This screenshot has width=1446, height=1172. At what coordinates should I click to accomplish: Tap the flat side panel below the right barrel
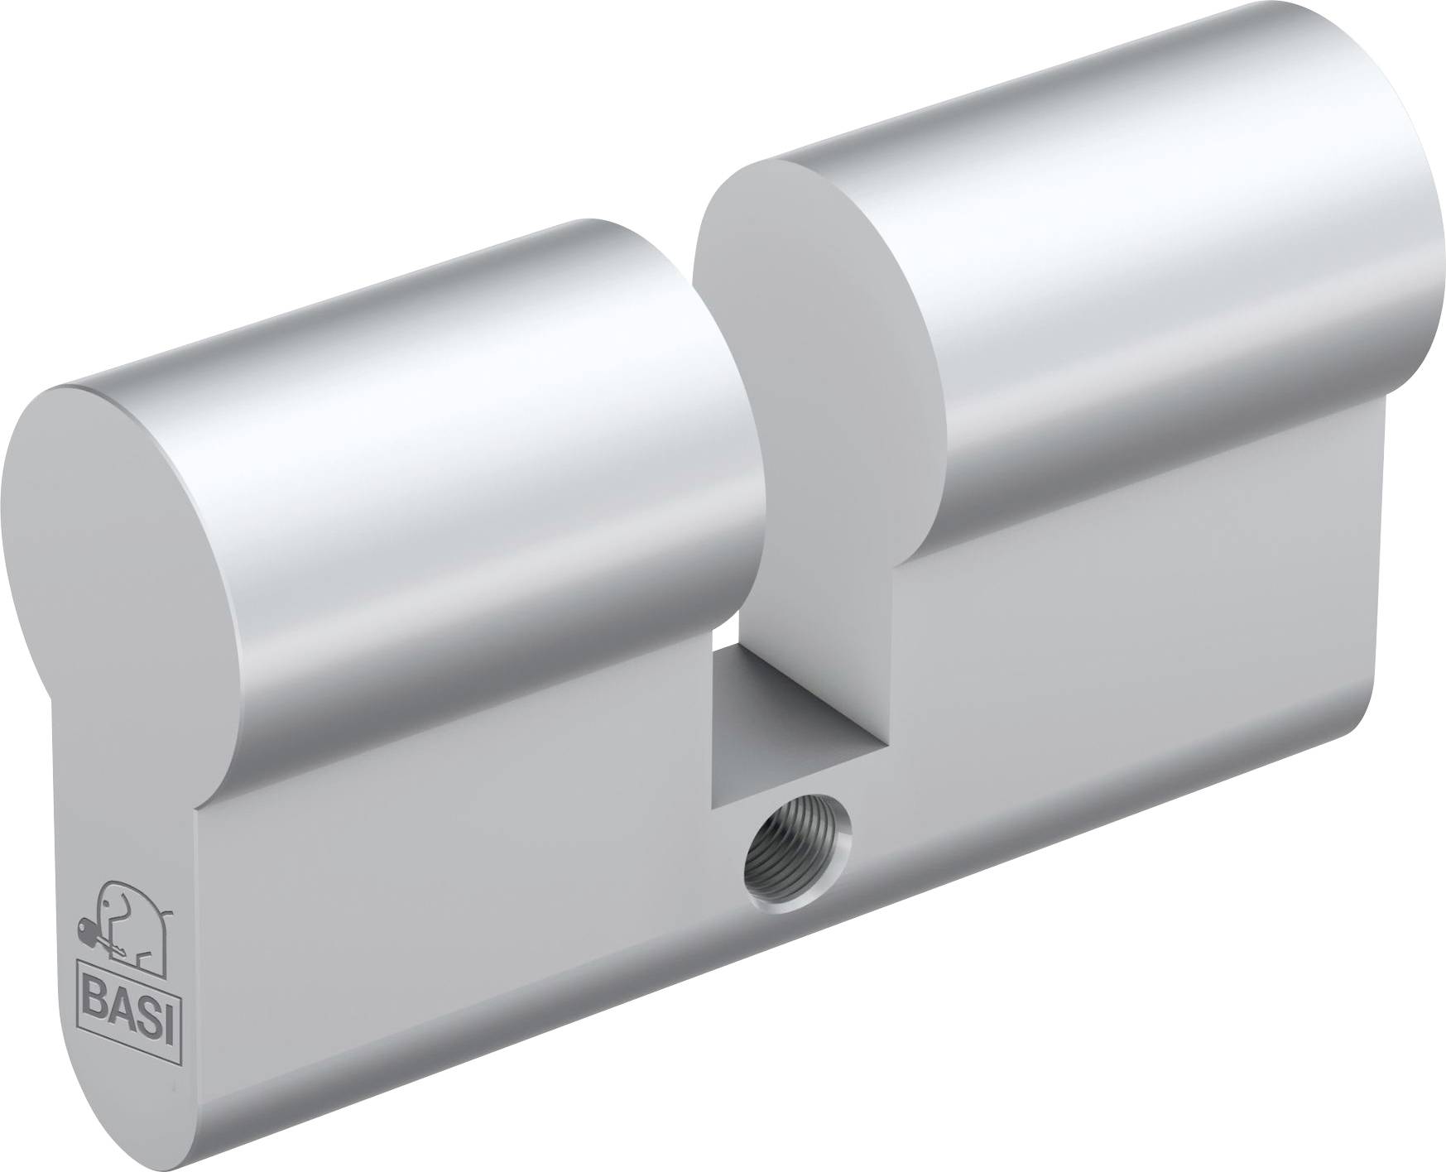click(1117, 662)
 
